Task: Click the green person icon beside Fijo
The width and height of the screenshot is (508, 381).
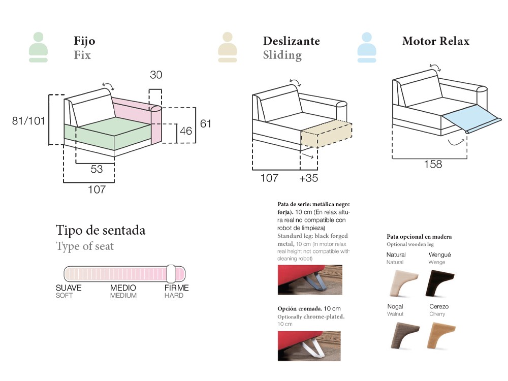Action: (39, 47)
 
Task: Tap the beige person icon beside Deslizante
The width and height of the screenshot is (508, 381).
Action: (227, 47)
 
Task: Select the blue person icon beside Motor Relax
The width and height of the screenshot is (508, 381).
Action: (366, 47)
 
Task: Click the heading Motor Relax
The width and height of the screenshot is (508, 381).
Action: (435, 41)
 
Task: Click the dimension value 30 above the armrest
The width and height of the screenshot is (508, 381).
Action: (156, 75)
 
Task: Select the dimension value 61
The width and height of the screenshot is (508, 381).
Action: (205, 123)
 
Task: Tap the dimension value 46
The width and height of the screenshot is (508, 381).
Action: (186, 131)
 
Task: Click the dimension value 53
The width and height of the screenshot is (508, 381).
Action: (97, 169)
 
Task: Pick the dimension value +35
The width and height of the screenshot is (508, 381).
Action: (309, 178)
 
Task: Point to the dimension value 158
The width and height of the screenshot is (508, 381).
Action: (432, 164)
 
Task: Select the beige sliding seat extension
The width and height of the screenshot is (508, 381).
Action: (326, 134)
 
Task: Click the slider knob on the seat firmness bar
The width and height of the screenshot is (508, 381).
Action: (171, 273)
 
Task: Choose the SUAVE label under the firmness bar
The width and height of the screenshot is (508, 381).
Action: (69, 288)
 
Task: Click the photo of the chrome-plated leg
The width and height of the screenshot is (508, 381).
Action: (309, 346)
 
